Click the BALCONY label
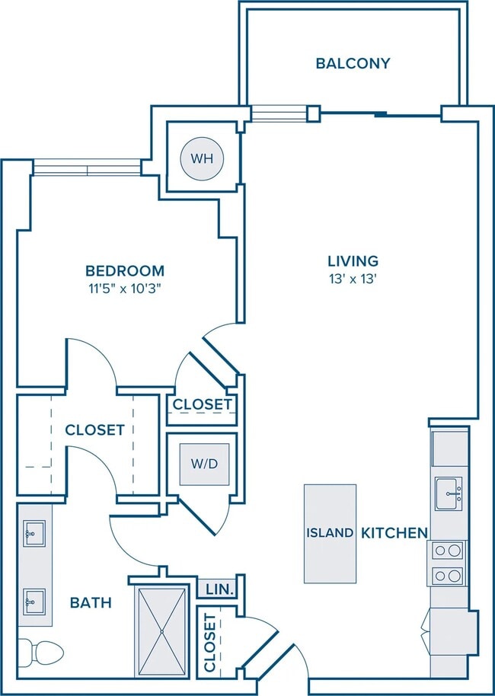coord(353,63)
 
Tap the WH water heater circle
coord(202,158)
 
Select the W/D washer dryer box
coord(204,465)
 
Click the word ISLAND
coord(330,532)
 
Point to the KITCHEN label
coord(394,532)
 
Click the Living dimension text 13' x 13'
coord(353,279)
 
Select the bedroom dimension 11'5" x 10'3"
coord(124,289)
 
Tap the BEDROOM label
coord(125,270)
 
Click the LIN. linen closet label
coord(220,590)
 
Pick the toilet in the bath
coord(40,652)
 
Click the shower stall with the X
coord(162,631)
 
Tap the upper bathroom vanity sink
coord(34,534)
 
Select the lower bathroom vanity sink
coord(34,602)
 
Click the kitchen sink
coord(449,493)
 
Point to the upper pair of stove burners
coord(448,551)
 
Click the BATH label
coord(91,603)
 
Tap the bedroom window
coord(87,168)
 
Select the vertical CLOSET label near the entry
coord(209,643)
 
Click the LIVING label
coord(353,260)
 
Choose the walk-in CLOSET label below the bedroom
coord(94,429)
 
